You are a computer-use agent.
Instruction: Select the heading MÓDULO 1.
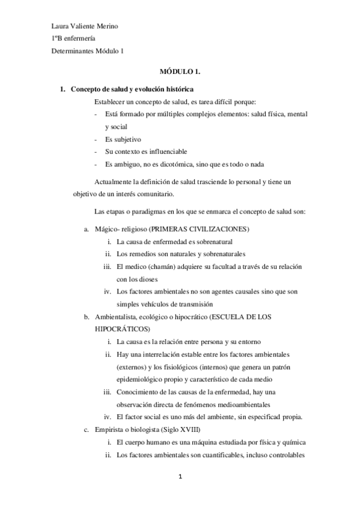pyautogui.click(x=179, y=71)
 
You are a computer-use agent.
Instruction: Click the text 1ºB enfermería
pyautogui.click(x=75, y=39)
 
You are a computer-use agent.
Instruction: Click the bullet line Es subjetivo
pyautogui.click(x=123, y=139)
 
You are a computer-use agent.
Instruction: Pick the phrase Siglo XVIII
pyautogui.click(x=186, y=429)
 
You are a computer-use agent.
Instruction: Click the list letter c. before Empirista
pyautogui.click(x=87, y=429)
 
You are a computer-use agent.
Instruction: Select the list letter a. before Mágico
pyautogui.click(x=87, y=230)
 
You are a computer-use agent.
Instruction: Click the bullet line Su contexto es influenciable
pyautogui.click(x=146, y=152)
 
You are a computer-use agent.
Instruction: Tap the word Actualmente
pyautogui.click(x=116, y=182)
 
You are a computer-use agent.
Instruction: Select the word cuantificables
pyautogui.click(x=212, y=455)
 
